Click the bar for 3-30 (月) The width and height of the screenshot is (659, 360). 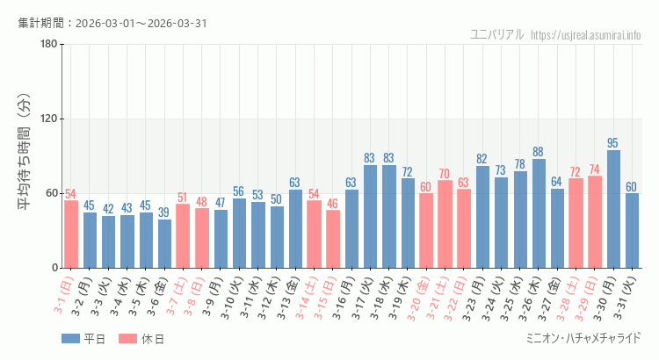pos(613,209)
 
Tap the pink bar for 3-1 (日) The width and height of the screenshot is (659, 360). pos(71,234)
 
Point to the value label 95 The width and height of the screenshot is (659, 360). pos(613,143)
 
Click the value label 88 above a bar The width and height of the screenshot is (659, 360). pos(539,152)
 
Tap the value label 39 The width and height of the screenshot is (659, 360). pos(164,212)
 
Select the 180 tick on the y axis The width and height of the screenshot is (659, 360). pos(49,45)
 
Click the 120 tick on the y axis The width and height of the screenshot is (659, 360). pos(49,119)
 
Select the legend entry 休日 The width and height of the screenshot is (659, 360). pos(141,339)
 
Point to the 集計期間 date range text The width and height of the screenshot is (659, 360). pos(112,23)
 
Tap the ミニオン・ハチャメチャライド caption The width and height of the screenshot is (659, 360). pos(583,338)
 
